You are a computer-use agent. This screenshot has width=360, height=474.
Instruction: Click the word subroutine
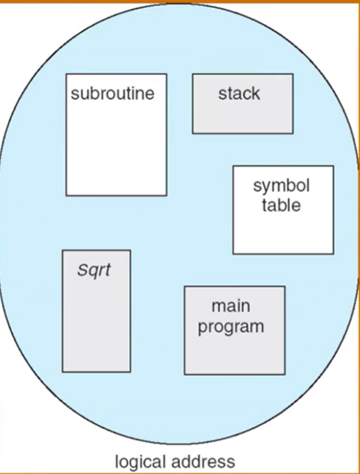(x=112, y=94)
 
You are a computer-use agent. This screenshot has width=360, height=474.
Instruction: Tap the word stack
(x=239, y=94)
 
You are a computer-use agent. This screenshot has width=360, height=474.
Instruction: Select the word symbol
(x=282, y=186)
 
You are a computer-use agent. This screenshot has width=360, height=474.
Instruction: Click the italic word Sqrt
(x=94, y=271)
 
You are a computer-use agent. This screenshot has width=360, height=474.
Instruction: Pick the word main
(x=231, y=306)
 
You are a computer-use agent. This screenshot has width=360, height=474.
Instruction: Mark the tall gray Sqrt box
(x=96, y=320)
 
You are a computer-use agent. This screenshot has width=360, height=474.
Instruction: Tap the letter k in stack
(x=255, y=93)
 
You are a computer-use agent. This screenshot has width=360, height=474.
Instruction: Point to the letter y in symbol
(x=266, y=188)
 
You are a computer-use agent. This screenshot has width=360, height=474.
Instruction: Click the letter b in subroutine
(x=94, y=93)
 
